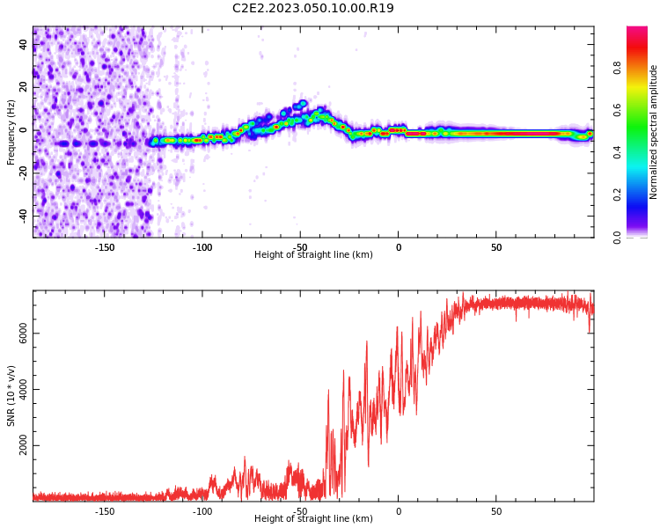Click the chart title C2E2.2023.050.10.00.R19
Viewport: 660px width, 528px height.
click(x=313, y=9)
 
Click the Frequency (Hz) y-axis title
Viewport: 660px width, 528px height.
click(x=11, y=132)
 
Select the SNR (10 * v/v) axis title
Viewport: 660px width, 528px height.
click(x=11, y=396)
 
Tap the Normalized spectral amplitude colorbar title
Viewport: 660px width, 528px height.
click(x=654, y=132)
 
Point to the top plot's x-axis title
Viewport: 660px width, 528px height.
click(x=313, y=255)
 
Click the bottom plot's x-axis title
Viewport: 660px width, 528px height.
click(x=313, y=519)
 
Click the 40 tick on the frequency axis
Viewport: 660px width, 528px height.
click(x=23, y=46)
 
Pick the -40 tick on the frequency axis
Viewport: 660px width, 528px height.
click(x=21, y=215)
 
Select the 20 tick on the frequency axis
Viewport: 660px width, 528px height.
click(x=23, y=88)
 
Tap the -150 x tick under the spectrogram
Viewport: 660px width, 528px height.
click(x=104, y=246)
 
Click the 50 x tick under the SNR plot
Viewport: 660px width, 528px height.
click(x=496, y=510)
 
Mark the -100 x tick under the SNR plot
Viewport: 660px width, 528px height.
click(x=202, y=510)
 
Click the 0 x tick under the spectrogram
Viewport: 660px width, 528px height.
click(x=398, y=246)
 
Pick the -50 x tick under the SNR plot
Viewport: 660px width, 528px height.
click(x=300, y=510)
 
